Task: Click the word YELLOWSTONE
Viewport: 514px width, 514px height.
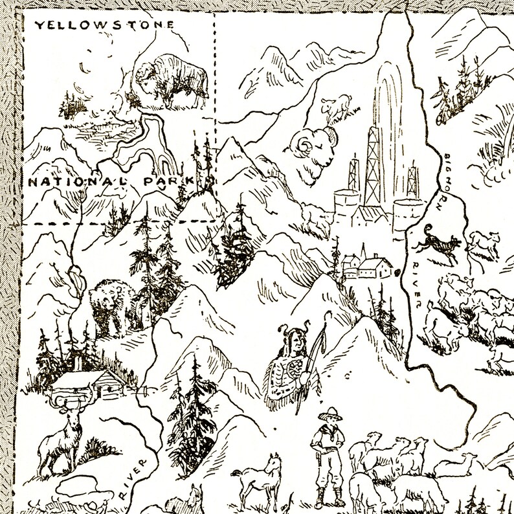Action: click(104, 25)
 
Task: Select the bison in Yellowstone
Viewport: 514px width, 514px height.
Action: click(172, 80)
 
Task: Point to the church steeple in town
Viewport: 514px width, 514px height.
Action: click(363, 253)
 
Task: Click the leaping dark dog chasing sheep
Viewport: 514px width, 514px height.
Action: click(438, 245)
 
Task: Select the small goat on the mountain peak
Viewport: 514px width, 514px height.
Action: click(336, 107)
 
